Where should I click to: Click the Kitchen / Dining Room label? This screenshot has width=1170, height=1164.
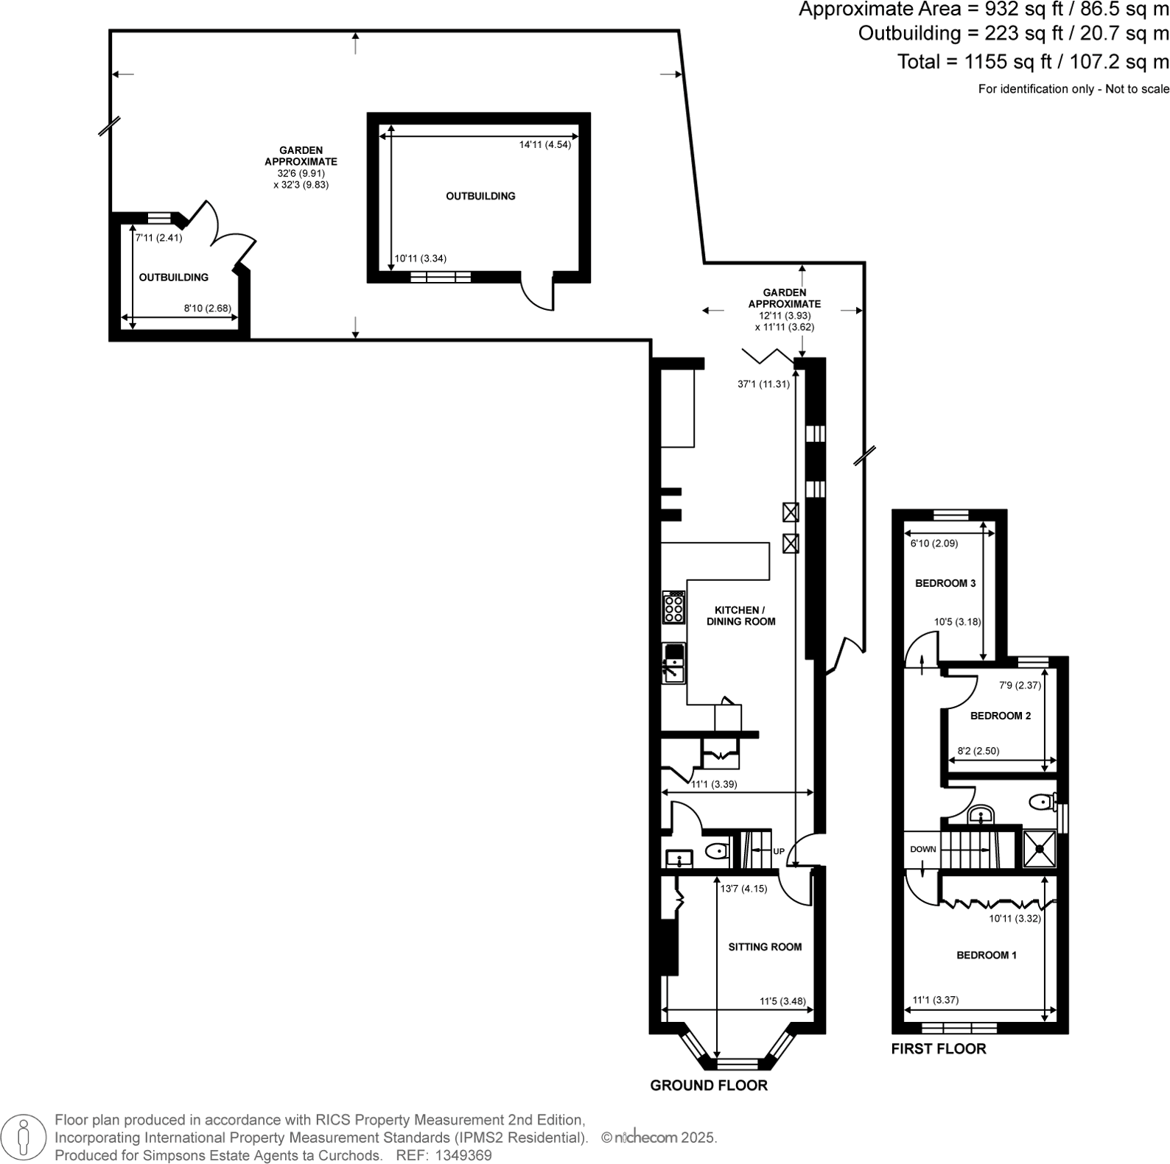point(740,615)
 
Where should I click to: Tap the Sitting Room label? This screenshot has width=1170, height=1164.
point(765,947)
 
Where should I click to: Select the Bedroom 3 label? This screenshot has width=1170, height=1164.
point(945,583)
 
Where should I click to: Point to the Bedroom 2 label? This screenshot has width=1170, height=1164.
point(1000,716)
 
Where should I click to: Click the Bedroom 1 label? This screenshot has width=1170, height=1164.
point(986,955)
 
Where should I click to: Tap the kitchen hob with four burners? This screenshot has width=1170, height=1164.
point(673,608)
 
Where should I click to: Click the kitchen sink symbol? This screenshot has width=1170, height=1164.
point(673,663)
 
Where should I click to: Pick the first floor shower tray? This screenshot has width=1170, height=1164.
point(1040,849)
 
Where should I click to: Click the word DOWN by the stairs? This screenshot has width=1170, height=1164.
point(922,849)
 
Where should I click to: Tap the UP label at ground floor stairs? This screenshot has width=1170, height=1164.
point(779,852)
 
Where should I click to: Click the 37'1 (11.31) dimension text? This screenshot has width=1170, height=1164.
point(763,384)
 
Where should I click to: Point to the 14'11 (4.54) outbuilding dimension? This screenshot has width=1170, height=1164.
point(544,145)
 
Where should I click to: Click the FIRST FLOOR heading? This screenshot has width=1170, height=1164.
point(938,1048)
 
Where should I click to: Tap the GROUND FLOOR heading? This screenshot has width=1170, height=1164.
point(708,1085)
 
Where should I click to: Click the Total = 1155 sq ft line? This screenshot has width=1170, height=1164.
point(1032,62)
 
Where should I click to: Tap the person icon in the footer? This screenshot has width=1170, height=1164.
point(24,1137)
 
